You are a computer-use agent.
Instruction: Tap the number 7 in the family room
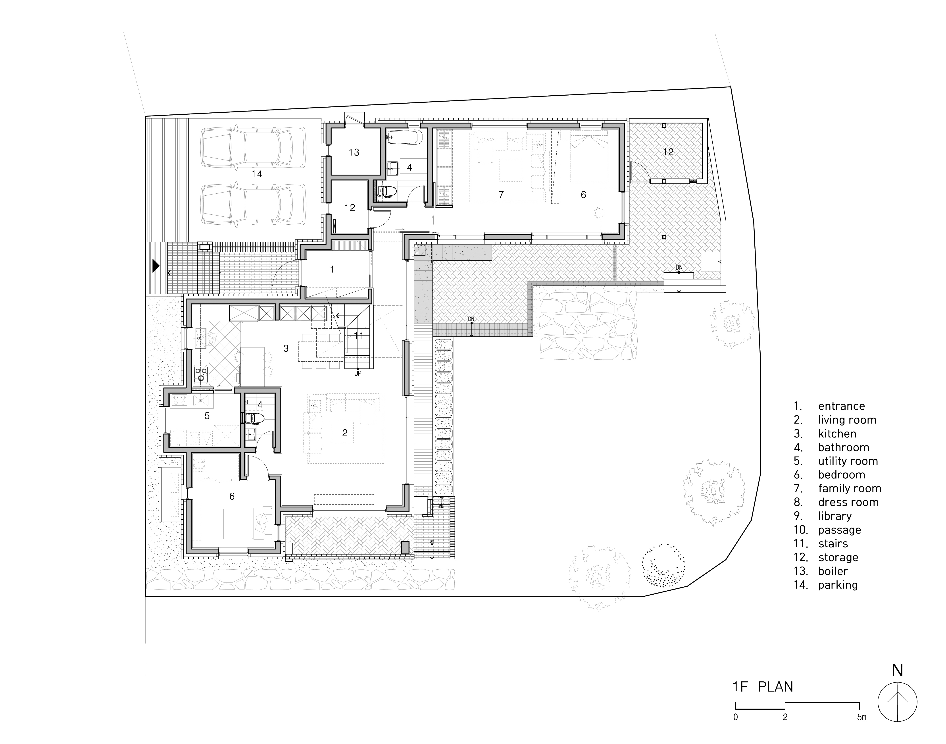tap(501, 195)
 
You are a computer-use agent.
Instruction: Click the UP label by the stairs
tap(358, 373)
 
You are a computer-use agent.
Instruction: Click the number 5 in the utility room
tap(207, 416)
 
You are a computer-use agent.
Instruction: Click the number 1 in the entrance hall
tap(332, 270)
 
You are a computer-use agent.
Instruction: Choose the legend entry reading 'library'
tap(834, 516)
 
